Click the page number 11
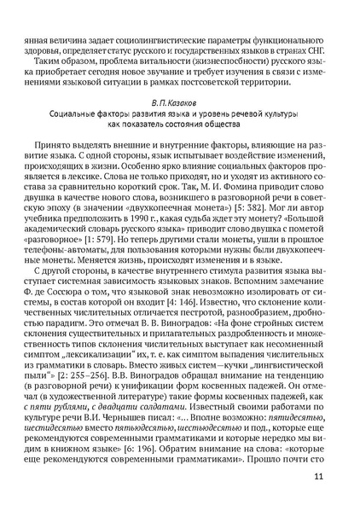(x=317, y=475)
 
